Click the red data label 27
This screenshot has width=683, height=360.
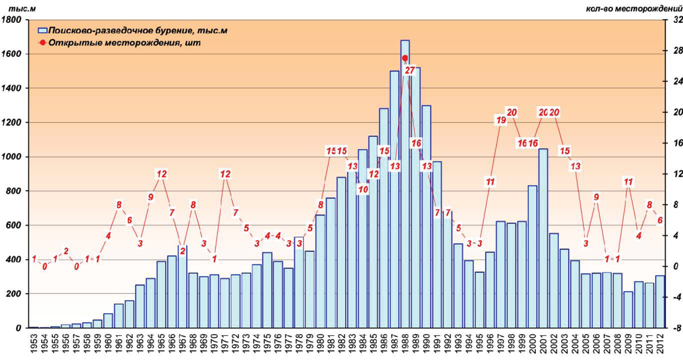click(410, 70)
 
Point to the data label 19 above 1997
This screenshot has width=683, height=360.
click(501, 120)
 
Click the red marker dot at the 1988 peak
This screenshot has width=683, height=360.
click(405, 58)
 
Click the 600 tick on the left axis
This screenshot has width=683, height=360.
click(14, 226)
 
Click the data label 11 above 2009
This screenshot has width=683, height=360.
click(628, 182)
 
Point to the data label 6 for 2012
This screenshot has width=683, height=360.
click(660, 220)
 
